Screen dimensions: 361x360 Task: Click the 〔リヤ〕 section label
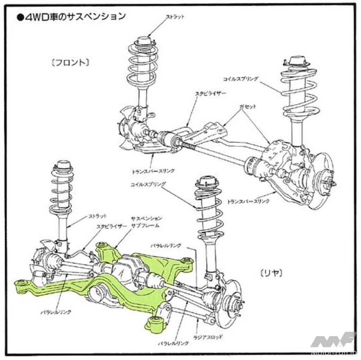click(x=271, y=273)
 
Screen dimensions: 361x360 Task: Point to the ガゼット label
click(x=248, y=107)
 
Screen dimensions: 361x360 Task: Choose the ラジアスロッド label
click(x=208, y=337)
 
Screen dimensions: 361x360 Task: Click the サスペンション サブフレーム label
click(x=146, y=222)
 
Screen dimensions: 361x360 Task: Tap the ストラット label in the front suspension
click(x=175, y=17)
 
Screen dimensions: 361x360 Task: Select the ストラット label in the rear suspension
click(x=98, y=216)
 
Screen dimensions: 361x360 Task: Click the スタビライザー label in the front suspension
click(x=210, y=94)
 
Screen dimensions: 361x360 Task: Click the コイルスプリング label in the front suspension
click(x=240, y=79)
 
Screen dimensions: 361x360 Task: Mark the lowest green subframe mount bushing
click(x=155, y=324)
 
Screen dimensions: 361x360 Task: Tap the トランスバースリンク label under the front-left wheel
click(x=153, y=171)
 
